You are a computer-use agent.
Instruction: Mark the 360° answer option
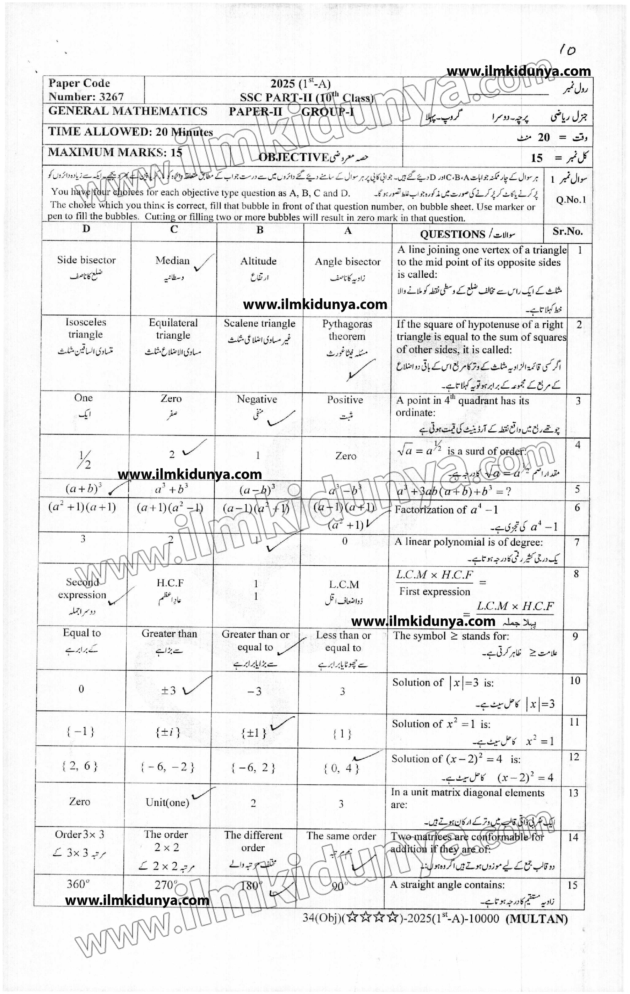[x=78, y=884]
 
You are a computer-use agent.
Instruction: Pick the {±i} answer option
[x=168, y=732]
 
